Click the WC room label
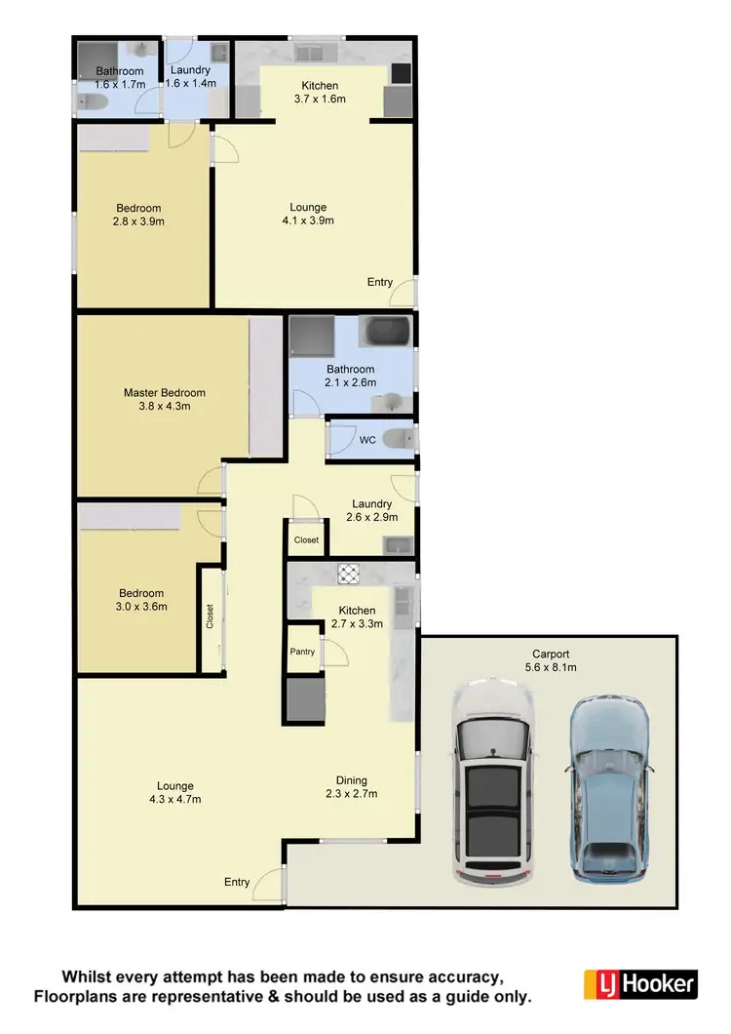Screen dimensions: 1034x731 tap(367, 440)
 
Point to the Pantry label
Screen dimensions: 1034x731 tap(302, 651)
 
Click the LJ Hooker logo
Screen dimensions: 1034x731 tap(639, 982)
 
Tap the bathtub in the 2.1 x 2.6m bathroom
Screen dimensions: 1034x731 tap(388, 332)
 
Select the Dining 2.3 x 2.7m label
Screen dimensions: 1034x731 tap(352, 786)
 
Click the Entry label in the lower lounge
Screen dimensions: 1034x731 tap(237, 882)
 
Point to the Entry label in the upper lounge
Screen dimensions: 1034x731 tap(380, 282)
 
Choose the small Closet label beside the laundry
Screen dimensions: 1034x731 tap(306, 539)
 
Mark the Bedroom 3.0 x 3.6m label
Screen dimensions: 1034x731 tap(141, 599)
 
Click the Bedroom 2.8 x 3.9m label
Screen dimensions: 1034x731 tap(138, 215)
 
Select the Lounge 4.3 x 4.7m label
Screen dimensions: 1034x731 tap(175, 792)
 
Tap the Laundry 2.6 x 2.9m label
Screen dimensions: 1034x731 tap(371, 511)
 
